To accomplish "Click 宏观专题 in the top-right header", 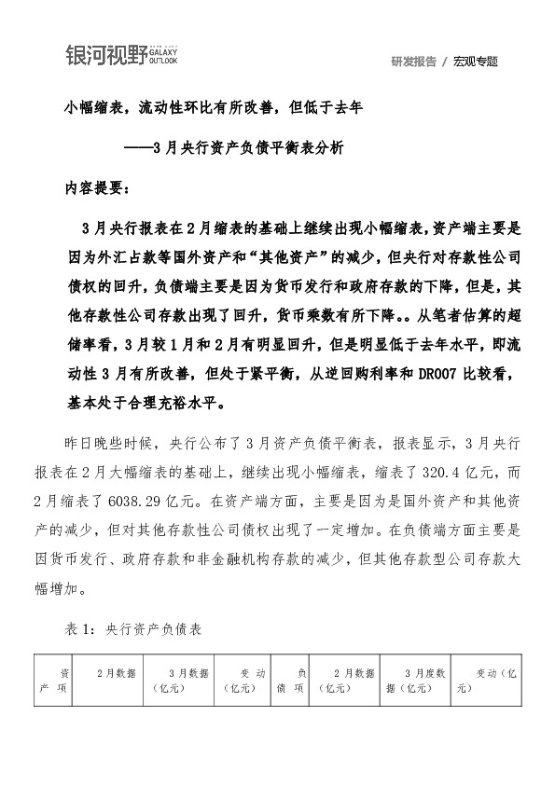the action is [x=476, y=62].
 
